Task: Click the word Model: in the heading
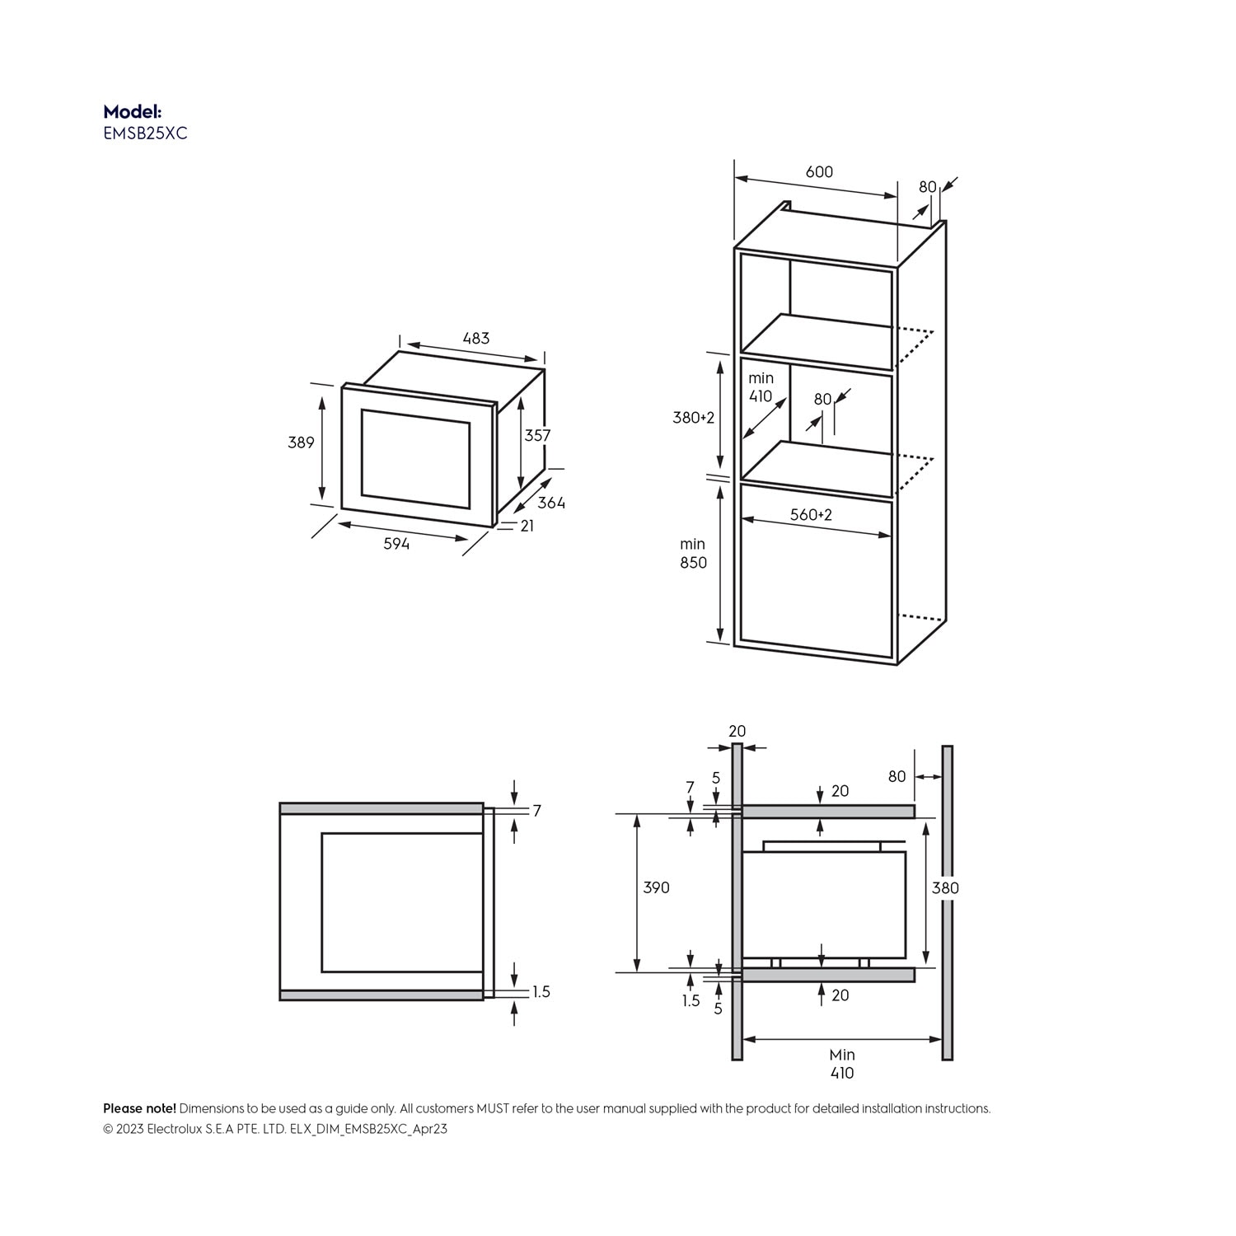pyautogui.click(x=132, y=111)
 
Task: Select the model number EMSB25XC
pyautogui.click(x=145, y=133)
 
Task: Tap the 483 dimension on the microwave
pyautogui.click(x=475, y=338)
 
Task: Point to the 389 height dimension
pyautogui.click(x=301, y=442)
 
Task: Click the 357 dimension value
pyautogui.click(x=537, y=435)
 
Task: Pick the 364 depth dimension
pyautogui.click(x=551, y=503)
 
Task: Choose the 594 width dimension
pyautogui.click(x=396, y=544)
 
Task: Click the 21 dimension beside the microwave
pyautogui.click(x=527, y=526)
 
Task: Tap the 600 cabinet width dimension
pyautogui.click(x=819, y=171)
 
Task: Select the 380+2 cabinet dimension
pyautogui.click(x=694, y=418)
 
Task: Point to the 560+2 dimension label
pyautogui.click(x=811, y=515)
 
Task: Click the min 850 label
pyautogui.click(x=693, y=553)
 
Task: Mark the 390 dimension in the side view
pyautogui.click(x=656, y=887)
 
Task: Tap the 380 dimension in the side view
pyautogui.click(x=945, y=887)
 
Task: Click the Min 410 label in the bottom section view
pyautogui.click(x=842, y=1064)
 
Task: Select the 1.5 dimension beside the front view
pyautogui.click(x=541, y=992)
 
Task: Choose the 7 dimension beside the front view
pyautogui.click(x=537, y=811)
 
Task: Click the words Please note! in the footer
pyautogui.click(x=139, y=1109)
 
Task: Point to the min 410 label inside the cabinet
pyautogui.click(x=761, y=387)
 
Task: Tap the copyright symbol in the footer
pyautogui.click(x=108, y=1130)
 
